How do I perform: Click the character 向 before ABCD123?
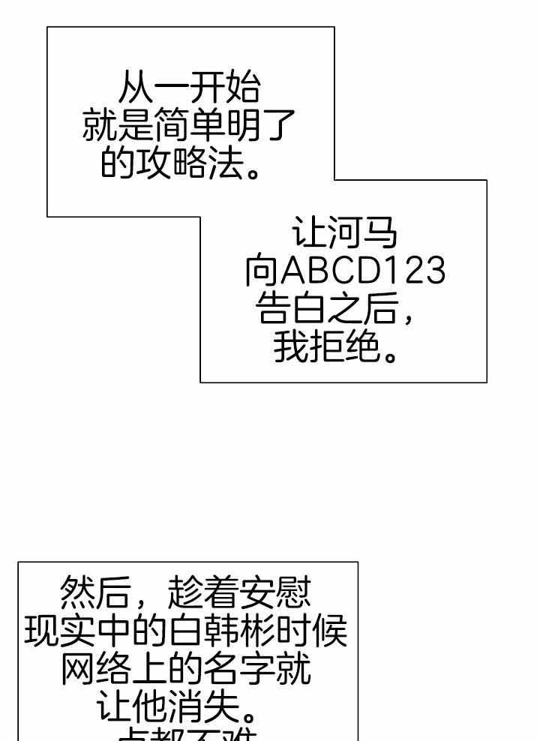[x=262, y=271]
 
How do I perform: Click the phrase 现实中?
[x=77, y=631]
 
